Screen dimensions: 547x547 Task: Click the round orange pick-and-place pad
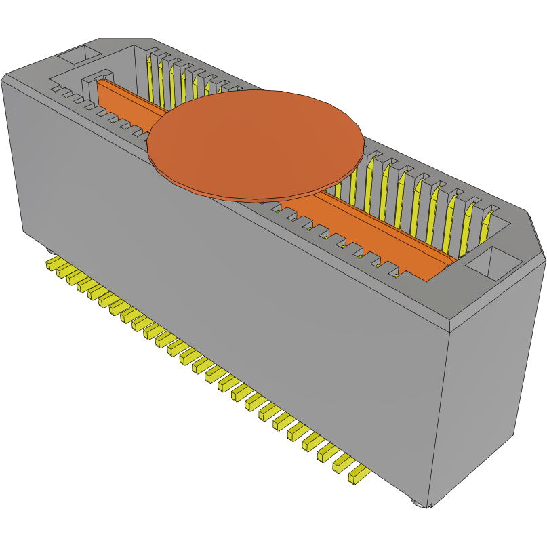point(255,144)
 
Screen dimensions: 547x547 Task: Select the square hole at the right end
point(493,262)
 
